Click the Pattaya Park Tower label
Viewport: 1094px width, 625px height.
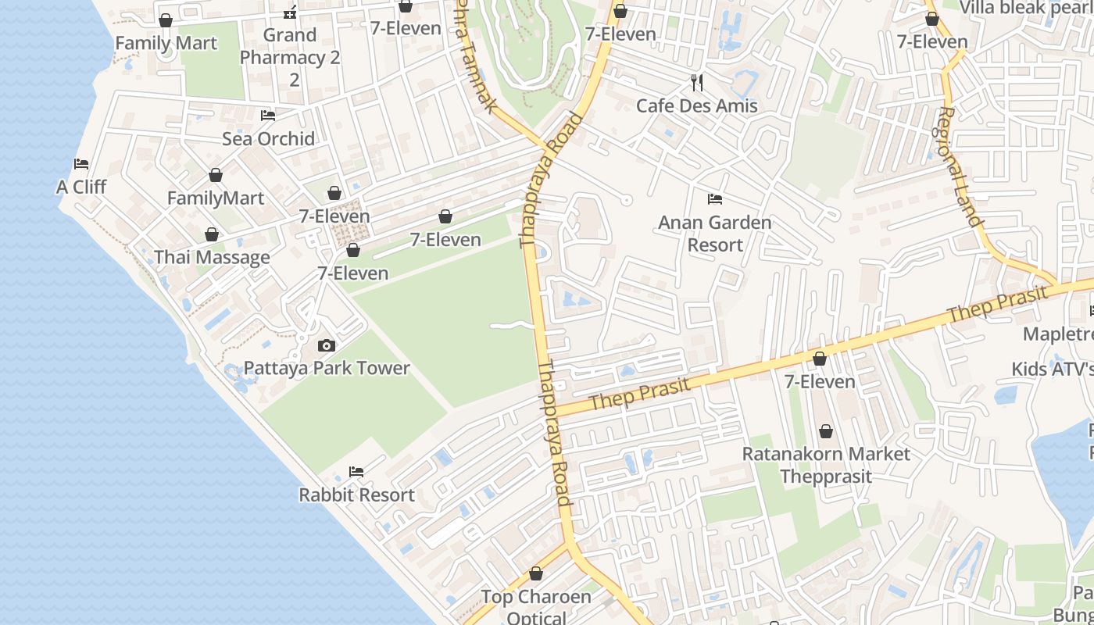tap(327, 368)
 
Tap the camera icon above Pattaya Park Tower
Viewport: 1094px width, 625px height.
tap(327, 345)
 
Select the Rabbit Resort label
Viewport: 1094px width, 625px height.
tap(356, 495)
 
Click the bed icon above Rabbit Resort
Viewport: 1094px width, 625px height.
tap(356, 472)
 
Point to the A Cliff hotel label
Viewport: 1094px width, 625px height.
tap(81, 187)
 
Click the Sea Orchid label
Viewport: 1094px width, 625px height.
tap(268, 139)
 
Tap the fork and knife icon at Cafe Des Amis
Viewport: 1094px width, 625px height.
tap(697, 82)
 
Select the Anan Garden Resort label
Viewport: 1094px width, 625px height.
tap(714, 234)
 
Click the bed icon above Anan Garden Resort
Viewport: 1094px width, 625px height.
tap(714, 199)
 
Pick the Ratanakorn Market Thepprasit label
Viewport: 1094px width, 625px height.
tap(825, 465)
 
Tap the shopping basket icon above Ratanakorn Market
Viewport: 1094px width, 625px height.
tap(825, 431)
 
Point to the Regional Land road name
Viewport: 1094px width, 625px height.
tap(960, 166)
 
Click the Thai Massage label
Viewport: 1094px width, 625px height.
tap(212, 257)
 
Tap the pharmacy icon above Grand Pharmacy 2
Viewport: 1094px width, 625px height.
tap(290, 12)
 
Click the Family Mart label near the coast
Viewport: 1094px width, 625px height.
tap(166, 43)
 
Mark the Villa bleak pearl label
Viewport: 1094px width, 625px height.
tap(1025, 8)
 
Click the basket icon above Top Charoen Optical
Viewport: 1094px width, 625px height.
tap(536, 574)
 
